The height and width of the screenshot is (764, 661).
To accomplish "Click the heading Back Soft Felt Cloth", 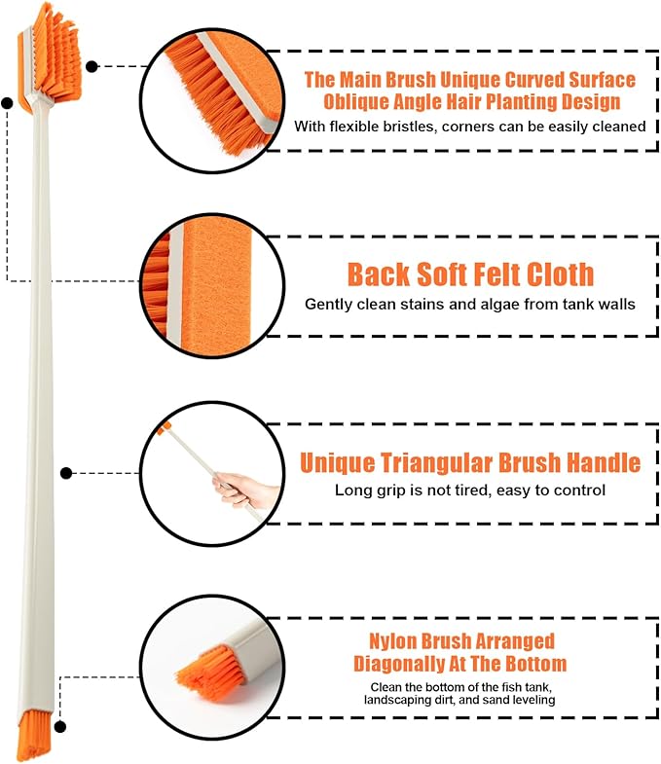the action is (x=470, y=274).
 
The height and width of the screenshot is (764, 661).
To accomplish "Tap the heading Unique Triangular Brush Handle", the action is (x=470, y=463).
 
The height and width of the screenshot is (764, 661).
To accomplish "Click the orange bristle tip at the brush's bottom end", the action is (x=34, y=735).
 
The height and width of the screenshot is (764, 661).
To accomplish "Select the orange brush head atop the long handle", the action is (x=50, y=57).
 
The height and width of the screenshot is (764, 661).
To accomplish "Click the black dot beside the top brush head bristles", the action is (x=92, y=66).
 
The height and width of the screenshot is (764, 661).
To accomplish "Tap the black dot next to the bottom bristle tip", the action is (x=60, y=727).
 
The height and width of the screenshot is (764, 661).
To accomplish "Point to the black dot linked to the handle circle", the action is (x=66, y=473).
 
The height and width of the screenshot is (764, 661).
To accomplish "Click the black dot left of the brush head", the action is (x=7, y=103).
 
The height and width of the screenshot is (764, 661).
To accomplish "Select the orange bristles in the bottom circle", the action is (x=209, y=667).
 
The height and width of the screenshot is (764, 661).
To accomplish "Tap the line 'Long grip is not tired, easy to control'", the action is (x=470, y=491).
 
